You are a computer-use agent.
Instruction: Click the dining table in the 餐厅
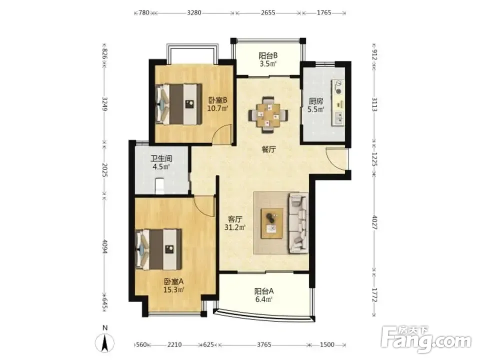[x=268, y=115]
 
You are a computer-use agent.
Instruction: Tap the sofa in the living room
[x=298, y=223]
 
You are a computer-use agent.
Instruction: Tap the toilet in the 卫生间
[x=160, y=186]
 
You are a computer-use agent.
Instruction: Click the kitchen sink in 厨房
[x=339, y=118]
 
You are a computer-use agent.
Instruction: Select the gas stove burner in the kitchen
[x=338, y=86]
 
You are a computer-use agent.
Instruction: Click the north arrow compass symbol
[x=105, y=340]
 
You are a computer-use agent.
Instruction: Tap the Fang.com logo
[x=426, y=338]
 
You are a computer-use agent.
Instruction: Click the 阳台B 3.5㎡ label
[x=268, y=59]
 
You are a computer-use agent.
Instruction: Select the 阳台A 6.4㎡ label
[x=264, y=295]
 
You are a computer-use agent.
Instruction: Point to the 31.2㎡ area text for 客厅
[x=235, y=227]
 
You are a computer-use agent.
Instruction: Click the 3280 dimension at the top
[x=194, y=12]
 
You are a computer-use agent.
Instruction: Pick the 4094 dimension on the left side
[x=105, y=246]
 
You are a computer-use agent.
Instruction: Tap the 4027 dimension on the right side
[x=374, y=222]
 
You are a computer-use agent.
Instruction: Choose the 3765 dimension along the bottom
[x=264, y=344]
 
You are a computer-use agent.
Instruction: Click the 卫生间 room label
[x=161, y=159]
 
